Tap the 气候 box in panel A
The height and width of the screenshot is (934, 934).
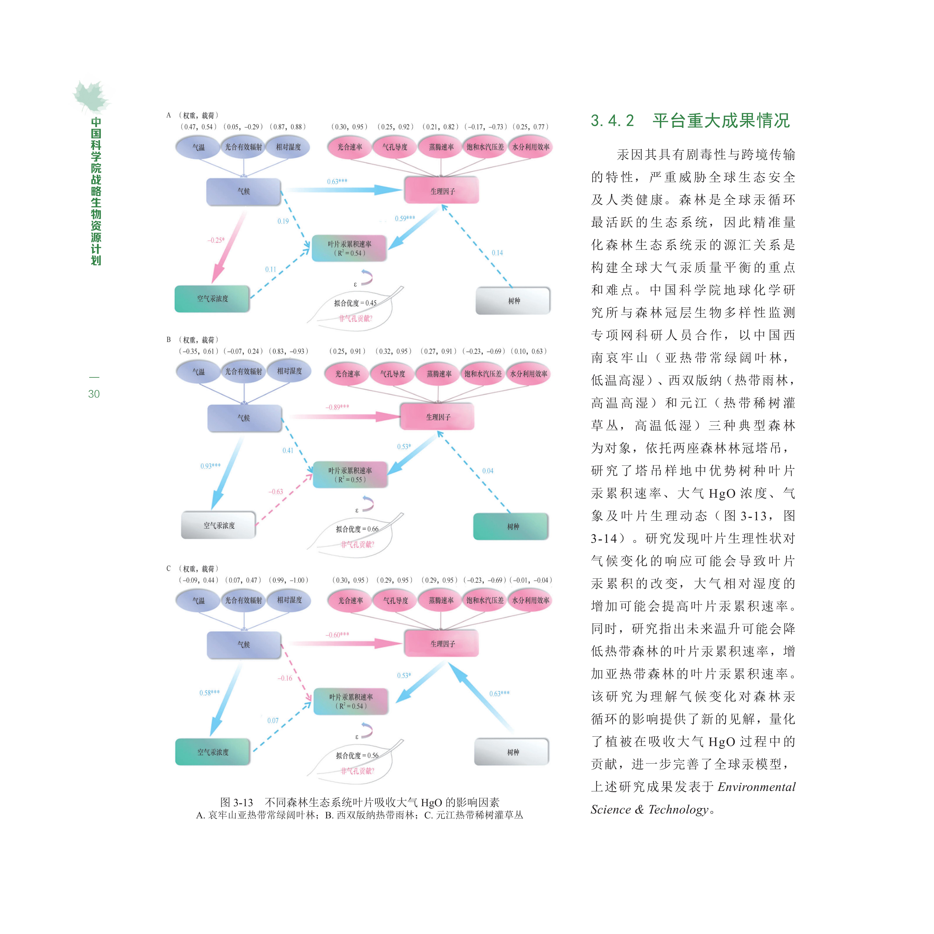[x=244, y=191]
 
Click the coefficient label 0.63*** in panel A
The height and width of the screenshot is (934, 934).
[x=337, y=181]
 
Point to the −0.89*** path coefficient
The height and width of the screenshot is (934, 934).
[x=337, y=407]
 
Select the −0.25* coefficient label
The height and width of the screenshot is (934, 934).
[x=216, y=240]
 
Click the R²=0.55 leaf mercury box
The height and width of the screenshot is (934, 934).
[x=350, y=475]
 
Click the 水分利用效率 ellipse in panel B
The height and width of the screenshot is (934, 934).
[x=529, y=374]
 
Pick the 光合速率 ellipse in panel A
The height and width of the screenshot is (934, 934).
[x=349, y=147]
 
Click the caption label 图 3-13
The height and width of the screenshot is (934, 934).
[x=236, y=803]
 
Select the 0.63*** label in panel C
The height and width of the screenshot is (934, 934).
[x=499, y=693]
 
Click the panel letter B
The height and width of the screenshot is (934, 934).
[x=169, y=339]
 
